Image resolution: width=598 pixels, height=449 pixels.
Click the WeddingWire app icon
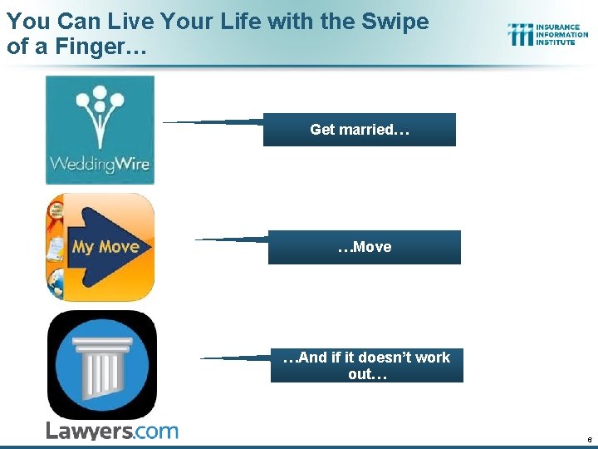(x=100, y=130)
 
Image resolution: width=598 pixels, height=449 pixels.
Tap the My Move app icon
(x=100, y=247)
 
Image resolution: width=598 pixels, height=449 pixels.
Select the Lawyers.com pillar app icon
(x=101, y=365)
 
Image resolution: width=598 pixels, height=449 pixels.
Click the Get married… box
(x=359, y=130)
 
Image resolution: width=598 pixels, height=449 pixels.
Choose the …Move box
(x=364, y=247)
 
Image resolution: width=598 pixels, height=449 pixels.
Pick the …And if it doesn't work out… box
(x=366, y=366)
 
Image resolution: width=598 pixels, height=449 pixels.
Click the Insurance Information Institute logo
(x=547, y=34)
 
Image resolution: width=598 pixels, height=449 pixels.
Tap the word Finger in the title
(x=99, y=47)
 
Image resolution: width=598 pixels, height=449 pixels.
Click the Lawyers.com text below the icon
(x=111, y=431)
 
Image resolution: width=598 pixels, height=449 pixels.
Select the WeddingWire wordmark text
(x=100, y=163)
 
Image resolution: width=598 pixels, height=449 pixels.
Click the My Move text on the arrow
(x=105, y=247)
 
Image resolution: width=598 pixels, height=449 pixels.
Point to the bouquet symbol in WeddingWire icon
(x=100, y=111)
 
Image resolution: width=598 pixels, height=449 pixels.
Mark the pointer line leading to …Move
(x=233, y=239)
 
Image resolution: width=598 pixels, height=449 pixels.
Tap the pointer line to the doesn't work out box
(x=237, y=358)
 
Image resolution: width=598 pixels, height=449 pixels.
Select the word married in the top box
(x=370, y=130)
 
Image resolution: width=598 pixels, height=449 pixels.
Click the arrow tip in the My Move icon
(x=147, y=247)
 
